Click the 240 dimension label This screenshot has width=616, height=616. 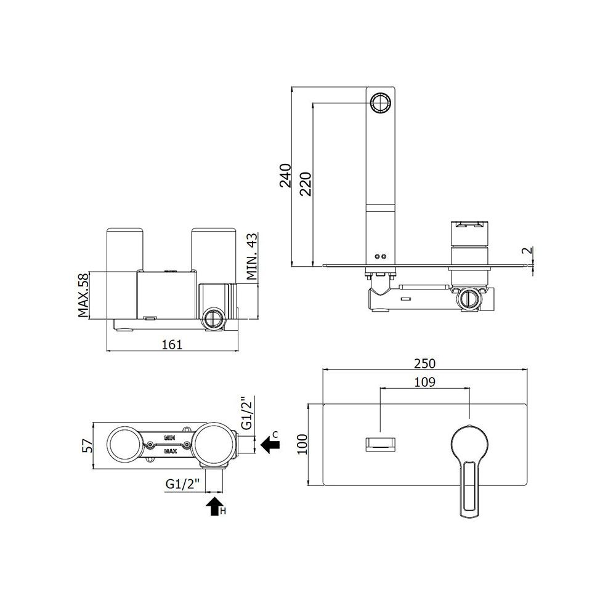[x=286, y=175]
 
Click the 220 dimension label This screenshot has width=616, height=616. [x=306, y=184]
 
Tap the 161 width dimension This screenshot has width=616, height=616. [x=172, y=344]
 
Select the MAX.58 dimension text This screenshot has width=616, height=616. [x=84, y=295]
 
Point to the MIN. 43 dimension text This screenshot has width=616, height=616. [x=252, y=256]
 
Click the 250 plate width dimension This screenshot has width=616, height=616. [x=424, y=363]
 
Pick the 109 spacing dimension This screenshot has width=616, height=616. [x=424, y=382]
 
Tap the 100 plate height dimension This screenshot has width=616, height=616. [x=302, y=444]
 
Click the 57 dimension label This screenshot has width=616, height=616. [x=88, y=445]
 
